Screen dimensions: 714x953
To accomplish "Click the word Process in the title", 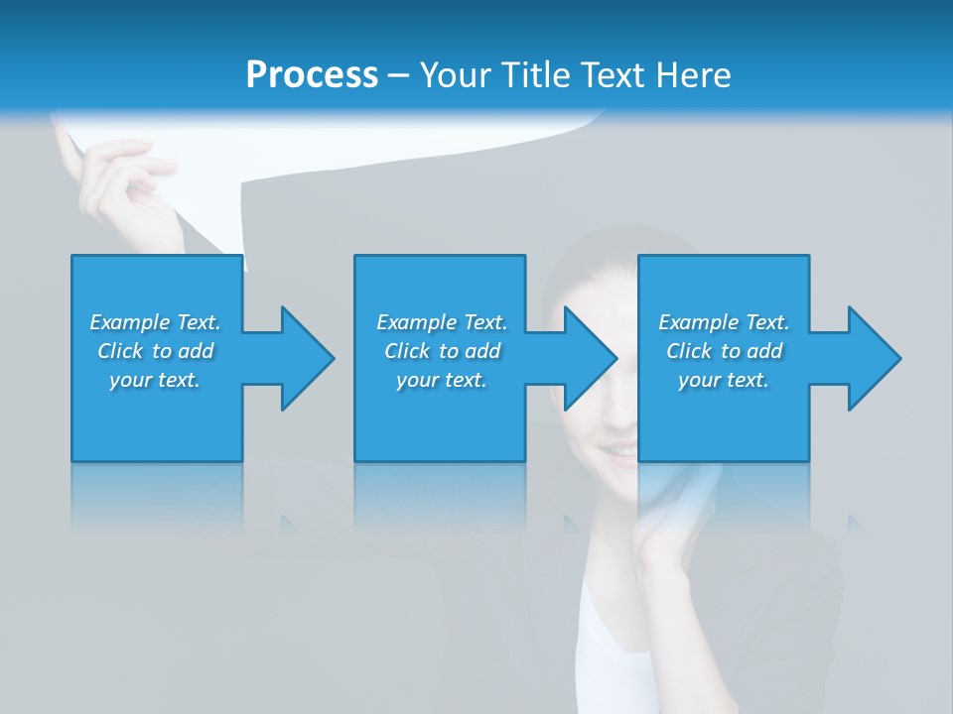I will click(312, 75).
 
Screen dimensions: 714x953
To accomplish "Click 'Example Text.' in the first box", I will click(155, 322).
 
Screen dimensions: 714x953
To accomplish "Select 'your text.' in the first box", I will click(155, 380).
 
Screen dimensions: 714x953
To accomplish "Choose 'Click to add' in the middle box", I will click(442, 351).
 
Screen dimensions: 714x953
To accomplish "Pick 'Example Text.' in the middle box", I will click(442, 322).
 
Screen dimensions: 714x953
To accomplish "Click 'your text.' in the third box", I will click(724, 380).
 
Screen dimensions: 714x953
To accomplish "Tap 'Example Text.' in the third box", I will click(724, 322).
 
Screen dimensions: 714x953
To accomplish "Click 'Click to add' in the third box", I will click(724, 351).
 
